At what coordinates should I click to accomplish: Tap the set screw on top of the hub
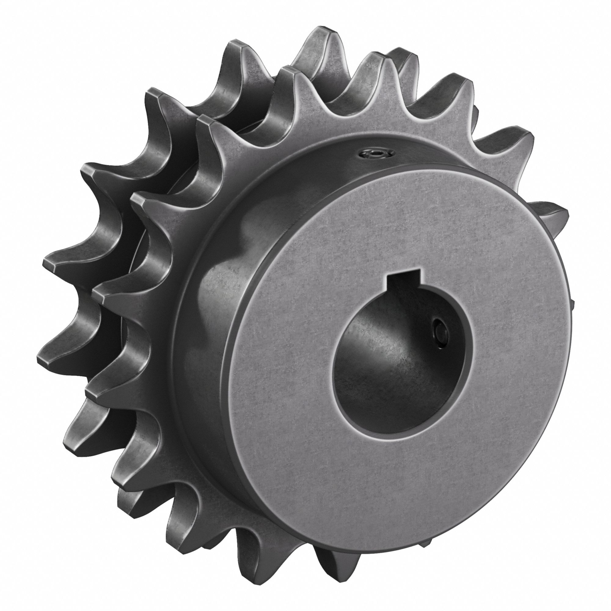376,154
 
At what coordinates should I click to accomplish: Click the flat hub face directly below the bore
392,468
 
